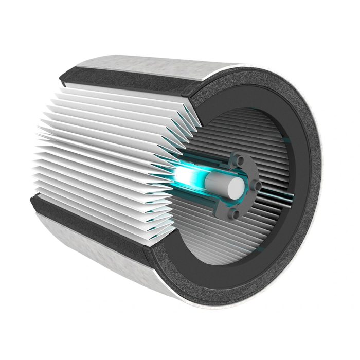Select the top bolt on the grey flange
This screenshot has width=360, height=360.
point(240,160)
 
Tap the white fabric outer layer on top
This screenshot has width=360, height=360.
point(154,66)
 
